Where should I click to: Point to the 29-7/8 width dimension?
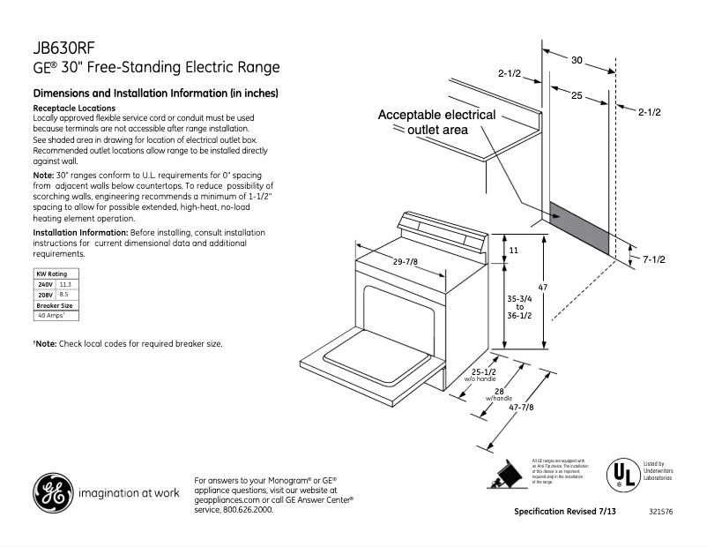[406, 260]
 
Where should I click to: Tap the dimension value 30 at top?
[577, 61]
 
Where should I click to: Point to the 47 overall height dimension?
[543, 288]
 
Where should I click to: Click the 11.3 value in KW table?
[65, 285]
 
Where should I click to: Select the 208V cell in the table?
[45, 295]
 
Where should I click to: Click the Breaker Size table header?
[54, 305]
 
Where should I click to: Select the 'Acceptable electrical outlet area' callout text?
[436, 122]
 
